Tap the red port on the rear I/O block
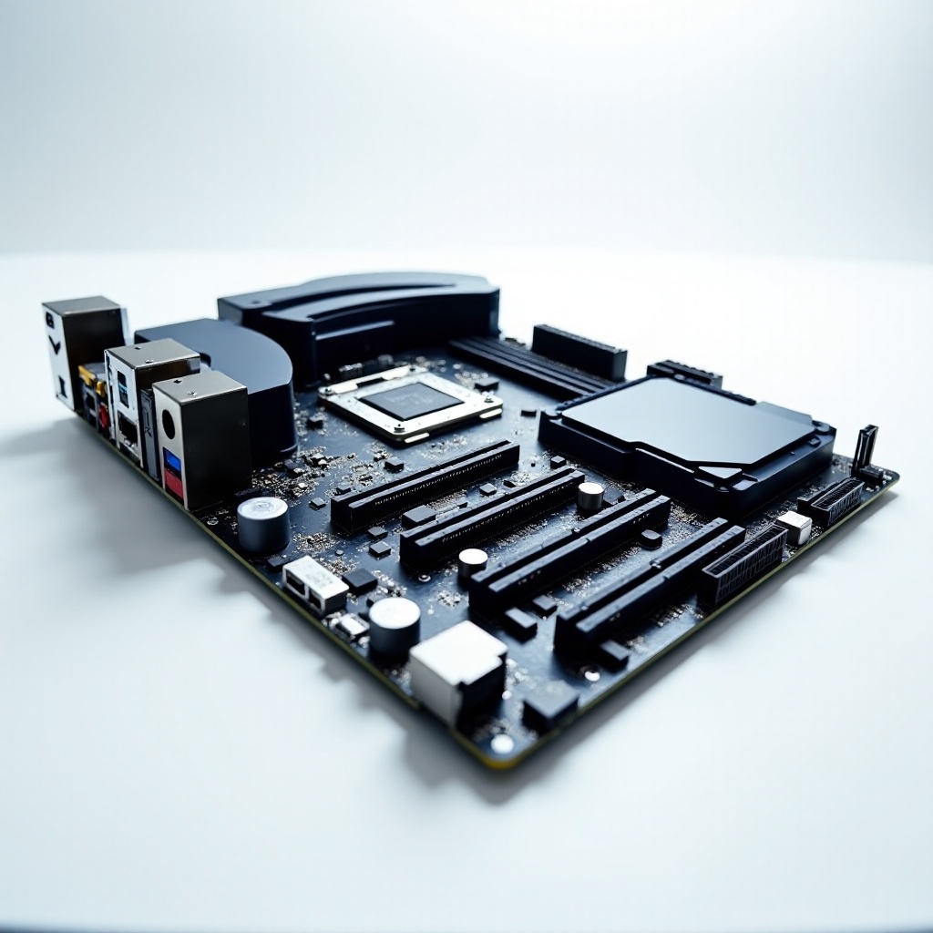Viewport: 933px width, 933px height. pos(173,482)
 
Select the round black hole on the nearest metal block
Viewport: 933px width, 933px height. pos(169,424)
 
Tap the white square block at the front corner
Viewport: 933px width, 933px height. pos(457,669)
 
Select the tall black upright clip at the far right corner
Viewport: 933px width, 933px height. pos(865,447)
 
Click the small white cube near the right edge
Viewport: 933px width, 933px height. pos(795,527)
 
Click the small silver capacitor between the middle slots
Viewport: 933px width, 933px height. pos(590,496)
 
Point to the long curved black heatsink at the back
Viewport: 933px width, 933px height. pos(360,319)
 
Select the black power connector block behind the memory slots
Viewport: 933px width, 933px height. pos(579,350)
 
